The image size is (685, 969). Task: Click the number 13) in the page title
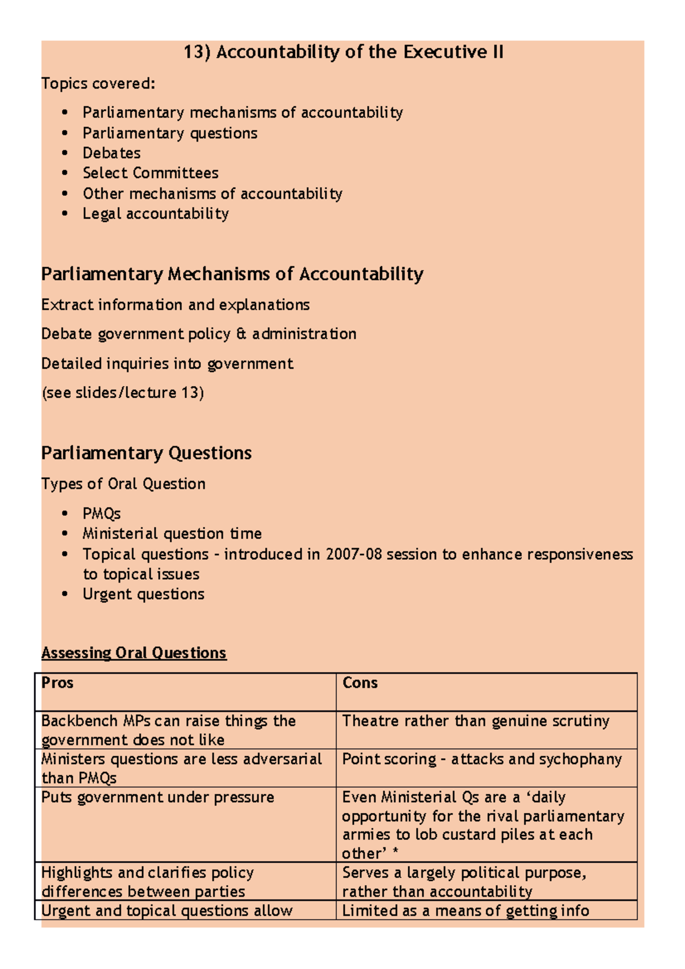(196, 53)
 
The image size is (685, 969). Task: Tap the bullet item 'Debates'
(111, 153)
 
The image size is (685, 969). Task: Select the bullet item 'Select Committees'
(150, 173)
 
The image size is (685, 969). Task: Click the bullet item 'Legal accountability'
(155, 213)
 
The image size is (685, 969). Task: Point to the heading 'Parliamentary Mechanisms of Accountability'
(232, 274)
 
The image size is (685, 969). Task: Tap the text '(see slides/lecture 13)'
(123, 393)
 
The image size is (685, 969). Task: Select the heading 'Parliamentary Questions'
(146, 453)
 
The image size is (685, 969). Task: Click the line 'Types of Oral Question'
(123, 484)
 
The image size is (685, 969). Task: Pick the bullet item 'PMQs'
(102, 514)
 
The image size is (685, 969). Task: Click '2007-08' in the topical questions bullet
(353, 554)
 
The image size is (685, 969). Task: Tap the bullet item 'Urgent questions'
(143, 594)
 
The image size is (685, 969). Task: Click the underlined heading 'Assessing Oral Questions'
(134, 653)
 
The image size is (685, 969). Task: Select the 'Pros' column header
(57, 683)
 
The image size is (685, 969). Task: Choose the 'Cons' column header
(360, 683)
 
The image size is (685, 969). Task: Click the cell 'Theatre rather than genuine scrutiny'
(476, 721)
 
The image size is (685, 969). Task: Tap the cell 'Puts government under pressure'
(158, 797)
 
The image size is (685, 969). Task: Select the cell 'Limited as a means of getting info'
(465, 911)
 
